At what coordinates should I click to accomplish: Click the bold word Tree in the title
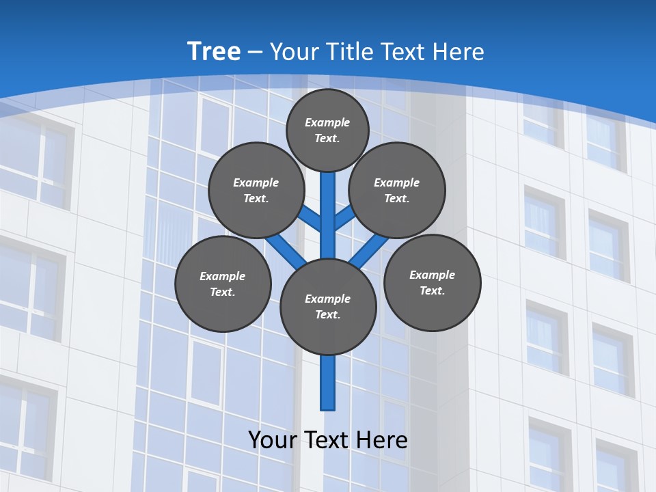click(x=214, y=51)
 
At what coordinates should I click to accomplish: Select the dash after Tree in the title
click(x=256, y=52)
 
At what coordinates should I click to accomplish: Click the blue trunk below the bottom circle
click(x=328, y=383)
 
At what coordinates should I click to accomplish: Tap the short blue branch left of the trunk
click(x=310, y=219)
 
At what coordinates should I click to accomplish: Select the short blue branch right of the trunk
click(x=345, y=217)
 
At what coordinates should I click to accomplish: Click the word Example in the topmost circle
click(x=327, y=122)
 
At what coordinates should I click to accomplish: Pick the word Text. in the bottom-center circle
click(x=327, y=315)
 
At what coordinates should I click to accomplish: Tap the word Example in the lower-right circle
click(x=432, y=275)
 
